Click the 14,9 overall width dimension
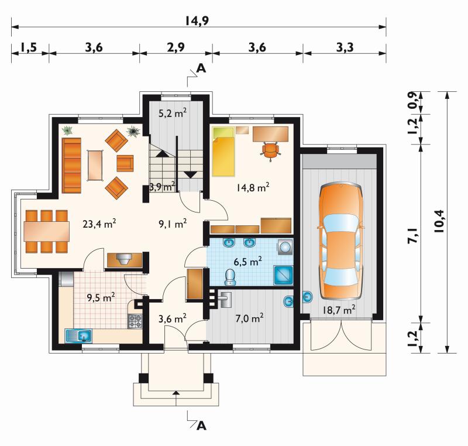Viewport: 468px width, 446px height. point(197,20)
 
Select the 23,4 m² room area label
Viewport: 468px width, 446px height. point(99,224)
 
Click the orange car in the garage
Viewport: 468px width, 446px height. point(341,242)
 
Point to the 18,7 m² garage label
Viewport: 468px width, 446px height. point(339,310)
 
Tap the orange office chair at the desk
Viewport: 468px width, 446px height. point(270,150)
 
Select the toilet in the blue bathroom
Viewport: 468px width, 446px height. point(230,277)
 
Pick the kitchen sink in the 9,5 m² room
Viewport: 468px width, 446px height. point(78,336)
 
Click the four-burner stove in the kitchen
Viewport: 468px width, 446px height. point(135,321)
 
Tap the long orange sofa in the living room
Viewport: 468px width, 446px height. point(71,165)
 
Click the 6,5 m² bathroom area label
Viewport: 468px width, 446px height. point(247,262)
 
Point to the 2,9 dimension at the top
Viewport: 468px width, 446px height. point(176,47)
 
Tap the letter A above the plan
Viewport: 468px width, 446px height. point(202,68)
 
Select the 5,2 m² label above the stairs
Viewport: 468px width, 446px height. point(173,114)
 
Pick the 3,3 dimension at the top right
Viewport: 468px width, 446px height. point(345,47)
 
